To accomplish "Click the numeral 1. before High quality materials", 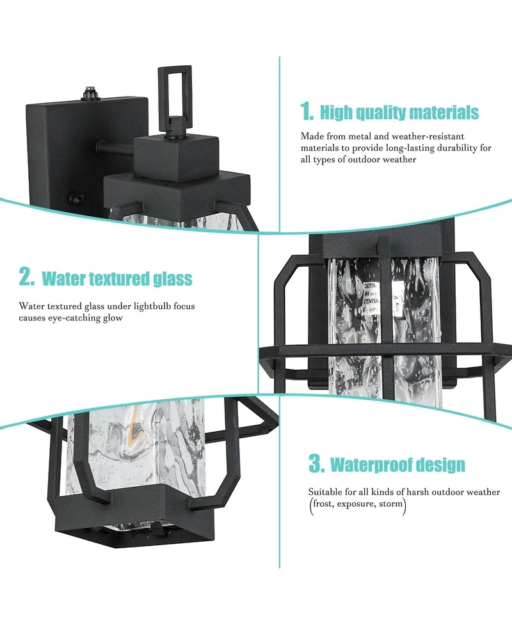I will [x=307, y=113].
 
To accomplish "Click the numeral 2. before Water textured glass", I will [x=26, y=278].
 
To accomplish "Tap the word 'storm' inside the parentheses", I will [x=389, y=504].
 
